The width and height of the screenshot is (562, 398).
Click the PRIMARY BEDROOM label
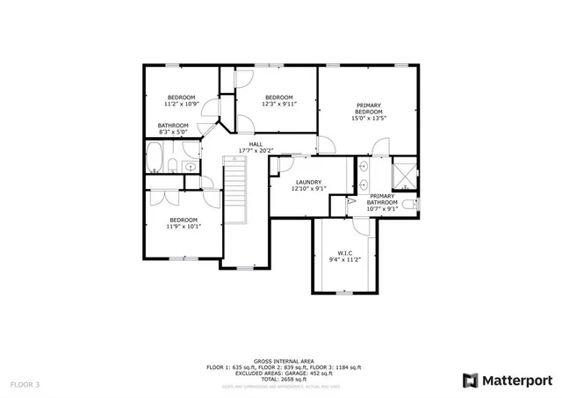click(369, 108)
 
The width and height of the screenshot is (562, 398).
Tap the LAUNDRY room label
click(308, 182)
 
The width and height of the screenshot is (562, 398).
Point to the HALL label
click(256, 144)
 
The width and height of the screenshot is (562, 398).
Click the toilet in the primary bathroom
click(415, 204)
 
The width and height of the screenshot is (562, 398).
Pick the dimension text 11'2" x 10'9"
click(181, 104)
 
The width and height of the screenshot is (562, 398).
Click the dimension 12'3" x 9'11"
click(279, 104)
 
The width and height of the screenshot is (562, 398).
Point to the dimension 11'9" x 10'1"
click(184, 226)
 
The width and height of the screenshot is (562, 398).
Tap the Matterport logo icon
click(471, 380)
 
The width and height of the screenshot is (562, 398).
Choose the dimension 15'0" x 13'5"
click(369, 119)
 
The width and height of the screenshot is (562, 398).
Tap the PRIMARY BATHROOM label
click(382, 199)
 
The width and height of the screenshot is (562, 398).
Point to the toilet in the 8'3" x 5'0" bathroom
click(175, 167)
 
